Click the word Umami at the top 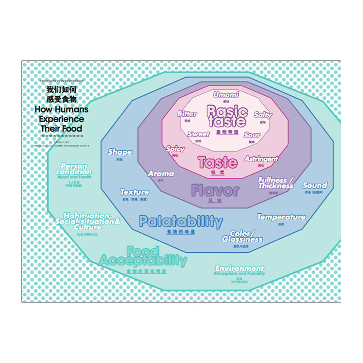pyautogui.click(x=226, y=95)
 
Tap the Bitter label pyautogui.click(x=187, y=113)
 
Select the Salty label pyautogui.click(x=263, y=115)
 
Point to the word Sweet pyautogui.click(x=199, y=134)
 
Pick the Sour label pyautogui.click(x=252, y=135)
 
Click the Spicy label pyautogui.click(x=175, y=149)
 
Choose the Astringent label pyautogui.click(x=261, y=159)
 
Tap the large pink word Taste pyautogui.click(x=218, y=162)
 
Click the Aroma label pyautogui.click(x=161, y=173)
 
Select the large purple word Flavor pyautogui.click(x=215, y=191)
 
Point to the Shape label pyautogui.click(x=120, y=152)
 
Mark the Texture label pyautogui.click(x=134, y=192)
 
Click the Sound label pyautogui.click(x=314, y=185)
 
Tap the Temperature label pyautogui.click(x=281, y=217)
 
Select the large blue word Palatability pyautogui.click(x=181, y=221)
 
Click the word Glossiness pyautogui.click(x=242, y=239)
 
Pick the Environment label pyautogui.click(x=240, y=268)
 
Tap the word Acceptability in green pyautogui.click(x=143, y=260)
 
